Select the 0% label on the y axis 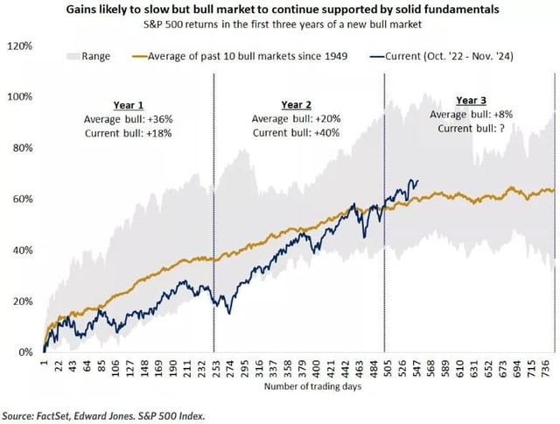tap(24, 352)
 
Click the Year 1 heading tap(127, 103)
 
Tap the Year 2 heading tap(297, 102)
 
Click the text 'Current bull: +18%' tap(127, 133)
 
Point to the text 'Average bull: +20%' tap(297, 118)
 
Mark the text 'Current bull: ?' tap(469, 129)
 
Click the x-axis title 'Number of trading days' tap(297, 386)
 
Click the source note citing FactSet tap(108, 415)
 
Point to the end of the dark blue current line tap(417, 181)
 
